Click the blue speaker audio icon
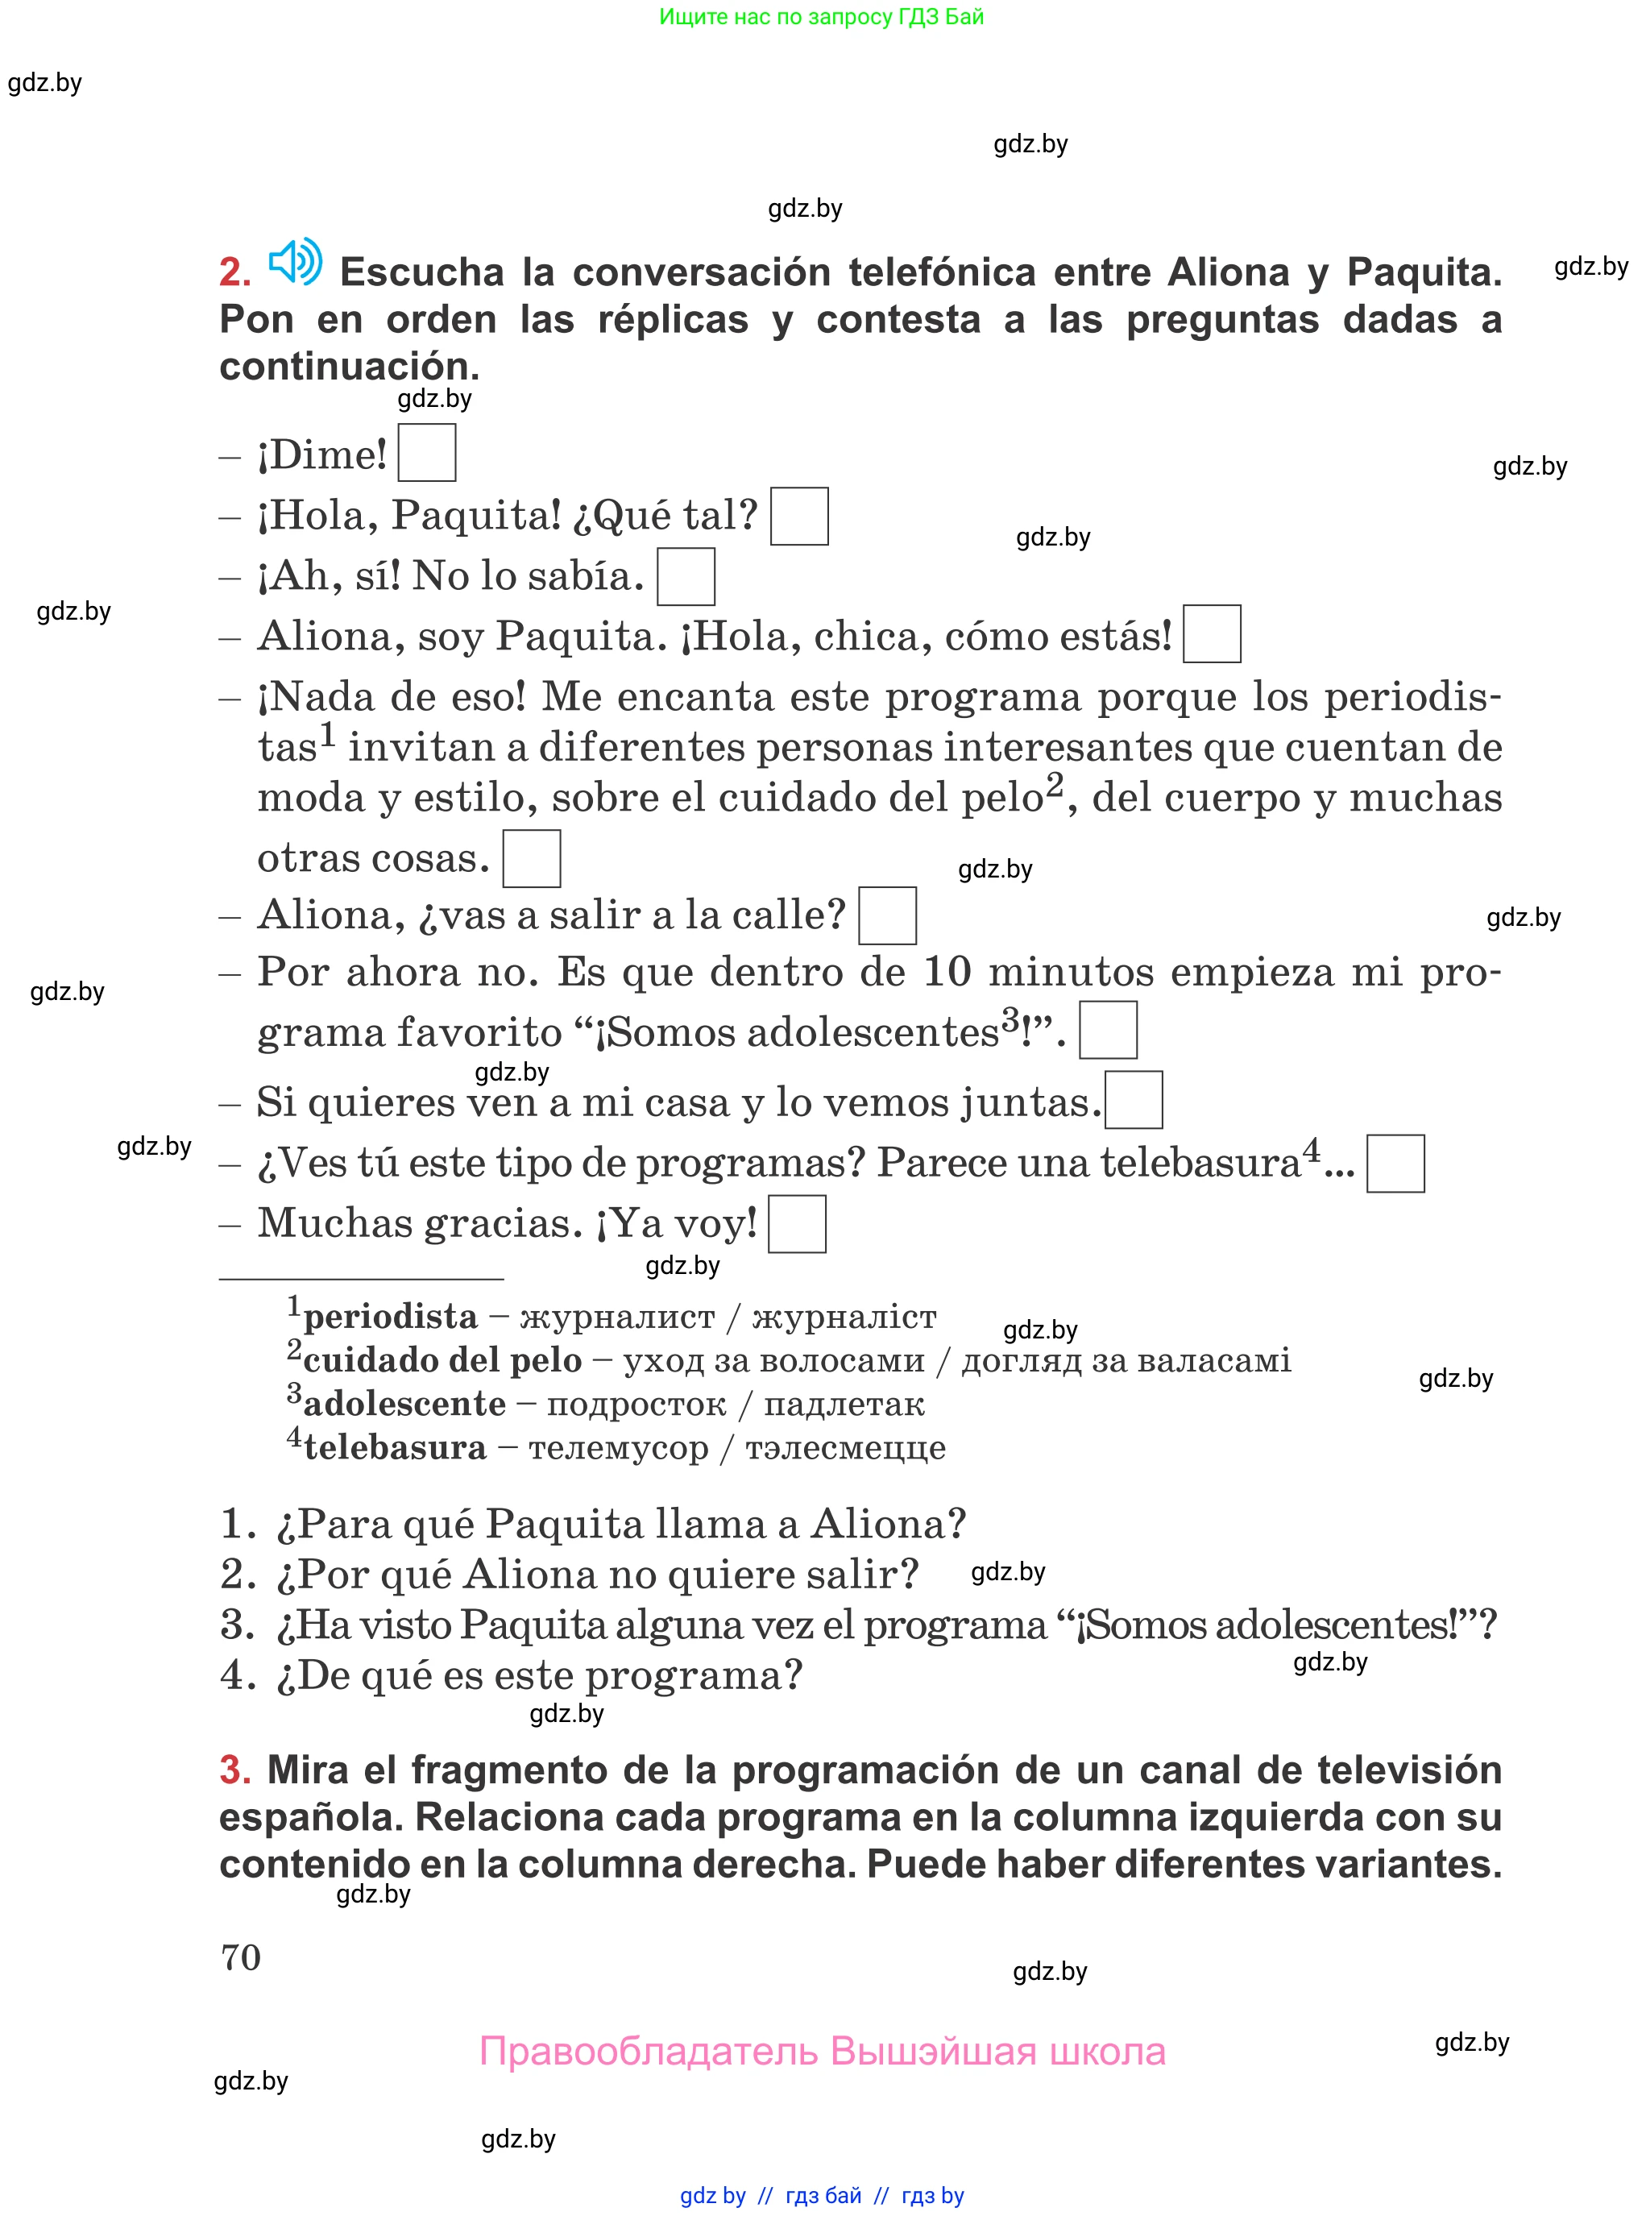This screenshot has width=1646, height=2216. click(x=295, y=262)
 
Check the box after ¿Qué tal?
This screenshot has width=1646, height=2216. click(x=799, y=517)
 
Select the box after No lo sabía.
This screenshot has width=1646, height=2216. click(x=686, y=577)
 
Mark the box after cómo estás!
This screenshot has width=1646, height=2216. click(x=1212, y=633)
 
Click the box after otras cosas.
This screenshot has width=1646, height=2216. click(x=531, y=858)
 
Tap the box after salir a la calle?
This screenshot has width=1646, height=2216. click(x=887, y=915)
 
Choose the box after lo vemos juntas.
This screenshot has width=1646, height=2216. click(x=1134, y=1100)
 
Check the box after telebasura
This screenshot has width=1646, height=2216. click(x=1395, y=1163)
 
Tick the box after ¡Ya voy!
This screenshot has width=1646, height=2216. click(x=797, y=1223)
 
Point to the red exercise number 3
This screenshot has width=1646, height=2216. click(x=235, y=1770)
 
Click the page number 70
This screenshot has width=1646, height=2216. click(x=241, y=1957)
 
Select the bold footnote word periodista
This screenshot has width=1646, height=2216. click(x=391, y=1318)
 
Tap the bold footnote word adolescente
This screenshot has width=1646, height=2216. click(x=404, y=1404)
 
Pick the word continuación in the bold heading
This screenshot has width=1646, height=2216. click(x=349, y=367)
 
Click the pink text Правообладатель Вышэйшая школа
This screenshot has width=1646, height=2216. click(x=822, y=2052)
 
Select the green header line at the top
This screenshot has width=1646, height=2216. click(x=821, y=17)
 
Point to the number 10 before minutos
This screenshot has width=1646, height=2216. click(x=947, y=972)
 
